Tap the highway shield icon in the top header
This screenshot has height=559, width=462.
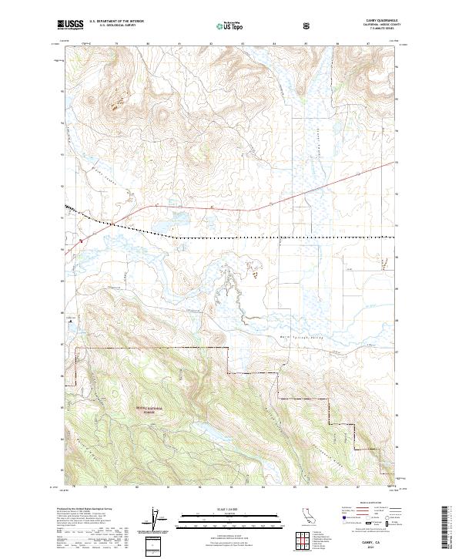click(309, 25)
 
